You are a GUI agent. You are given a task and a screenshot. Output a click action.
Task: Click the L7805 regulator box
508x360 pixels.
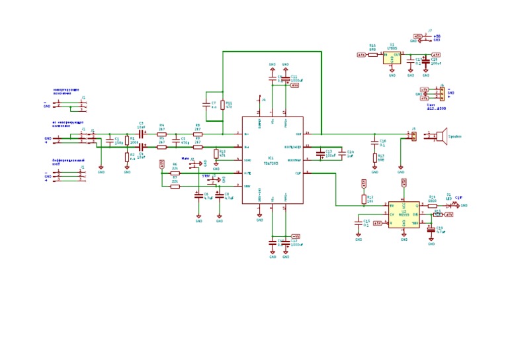(392, 58)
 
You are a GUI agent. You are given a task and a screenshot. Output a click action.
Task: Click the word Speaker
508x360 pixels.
(455, 136)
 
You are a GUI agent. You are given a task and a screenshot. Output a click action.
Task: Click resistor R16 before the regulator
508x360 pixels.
(373, 55)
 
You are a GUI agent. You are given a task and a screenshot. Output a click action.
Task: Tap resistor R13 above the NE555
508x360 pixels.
(364, 198)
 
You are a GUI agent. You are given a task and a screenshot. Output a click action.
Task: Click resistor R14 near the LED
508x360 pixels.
(433, 205)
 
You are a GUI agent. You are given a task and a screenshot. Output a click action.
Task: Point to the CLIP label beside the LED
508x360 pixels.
(458, 197)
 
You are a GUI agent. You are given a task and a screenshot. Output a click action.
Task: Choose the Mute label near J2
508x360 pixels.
(185, 159)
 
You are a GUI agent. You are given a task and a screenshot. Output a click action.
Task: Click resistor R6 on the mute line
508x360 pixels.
(175, 172)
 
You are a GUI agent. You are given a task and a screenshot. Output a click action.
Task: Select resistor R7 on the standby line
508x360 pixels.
(175, 186)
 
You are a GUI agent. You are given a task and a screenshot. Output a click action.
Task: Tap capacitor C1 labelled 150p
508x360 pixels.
(112, 141)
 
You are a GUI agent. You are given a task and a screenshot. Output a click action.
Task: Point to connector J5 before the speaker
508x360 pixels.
(413, 136)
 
